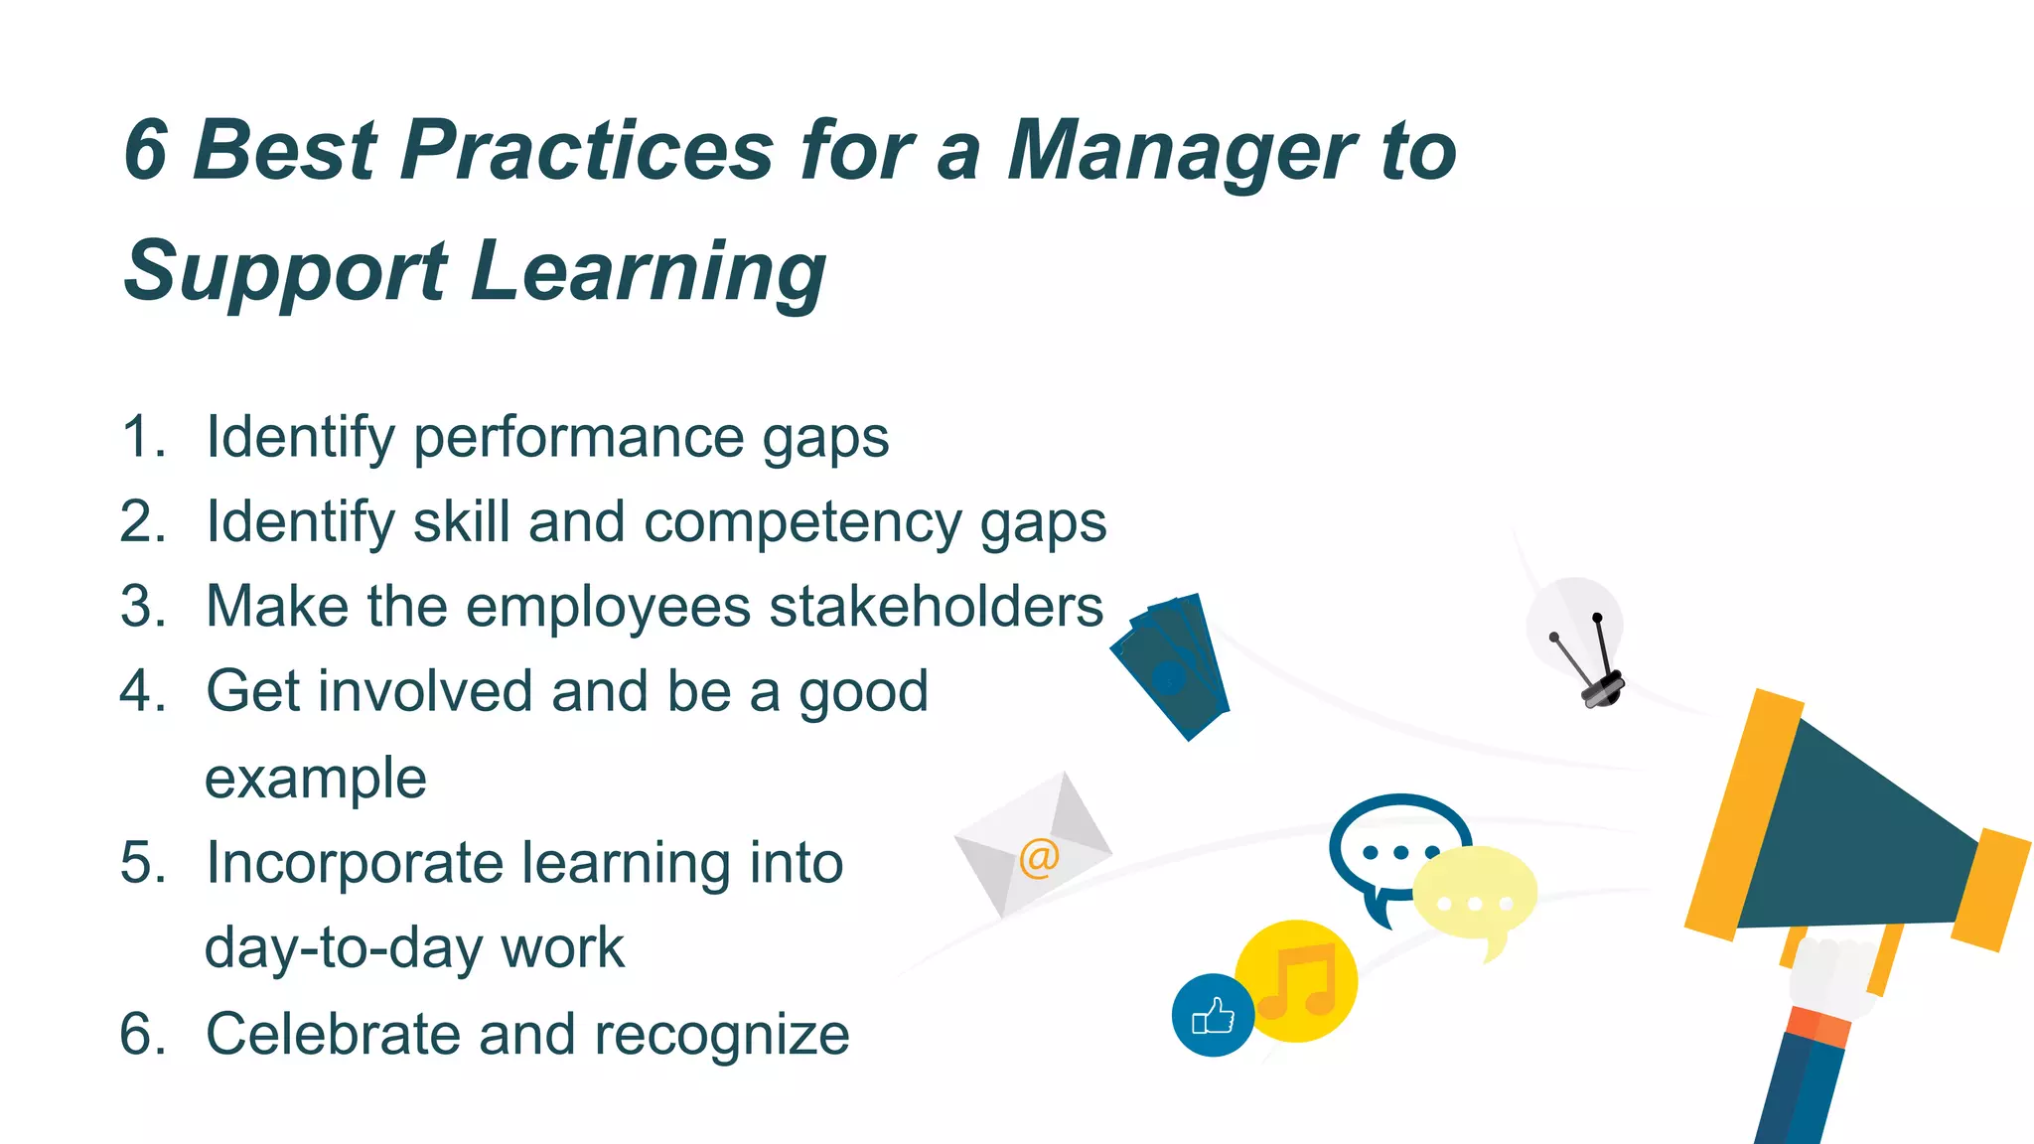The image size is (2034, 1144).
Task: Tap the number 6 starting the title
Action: [x=146, y=151]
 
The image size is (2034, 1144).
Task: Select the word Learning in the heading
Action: [x=648, y=271]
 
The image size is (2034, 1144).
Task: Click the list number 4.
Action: [x=142, y=691]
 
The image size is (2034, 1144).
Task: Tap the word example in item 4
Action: [x=316, y=779]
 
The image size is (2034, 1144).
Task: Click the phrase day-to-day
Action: [x=344, y=948]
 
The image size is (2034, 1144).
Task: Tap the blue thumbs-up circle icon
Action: [x=1213, y=1016]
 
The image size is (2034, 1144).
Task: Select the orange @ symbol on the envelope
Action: [x=1039, y=857]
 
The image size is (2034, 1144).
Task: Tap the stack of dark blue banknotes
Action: [x=1172, y=665]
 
